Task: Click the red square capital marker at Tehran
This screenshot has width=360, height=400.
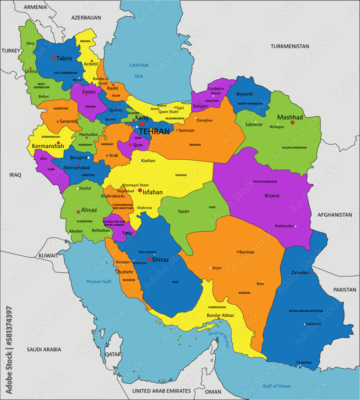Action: (142, 124)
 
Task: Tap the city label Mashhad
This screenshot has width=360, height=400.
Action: (290, 117)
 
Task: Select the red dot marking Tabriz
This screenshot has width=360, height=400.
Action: (54, 58)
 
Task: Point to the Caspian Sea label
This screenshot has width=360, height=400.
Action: (139, 70)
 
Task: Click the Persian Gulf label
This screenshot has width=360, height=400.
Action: (99, 282)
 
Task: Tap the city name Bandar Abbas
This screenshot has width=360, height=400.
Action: (220, 315)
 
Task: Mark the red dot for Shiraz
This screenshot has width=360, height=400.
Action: (149, 260)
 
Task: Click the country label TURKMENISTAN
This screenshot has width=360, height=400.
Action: (290, 46)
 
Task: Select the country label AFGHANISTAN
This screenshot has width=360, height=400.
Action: (335, 215)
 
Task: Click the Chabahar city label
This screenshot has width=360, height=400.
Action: (304, 362)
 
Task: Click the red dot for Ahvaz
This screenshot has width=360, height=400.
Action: (78, 212)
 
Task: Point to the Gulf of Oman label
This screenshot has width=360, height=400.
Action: (277, 386)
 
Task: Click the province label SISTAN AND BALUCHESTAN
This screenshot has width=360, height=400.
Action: (306, 311)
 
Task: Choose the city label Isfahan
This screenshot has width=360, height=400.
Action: (153, 192)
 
